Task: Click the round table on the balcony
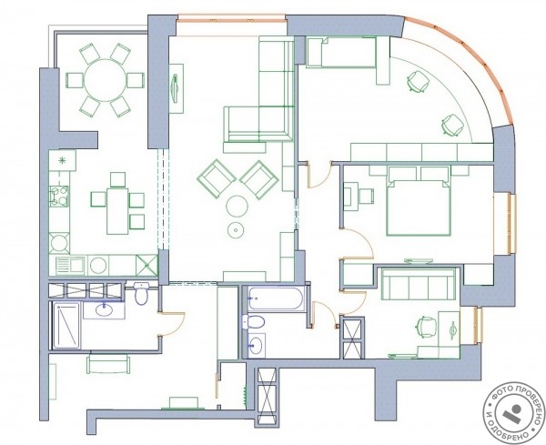click(x=105, y=80)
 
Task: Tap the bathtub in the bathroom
click(x=278, y=298)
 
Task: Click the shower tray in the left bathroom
click(x=66, y=325)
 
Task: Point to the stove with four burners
click(x=59, y=196)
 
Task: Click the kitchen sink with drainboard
click(x=70, y=266)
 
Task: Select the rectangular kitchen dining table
click(x=117, y=211)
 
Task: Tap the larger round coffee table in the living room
click(x=237, y=207)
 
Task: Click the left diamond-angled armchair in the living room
click(x=217, y=178)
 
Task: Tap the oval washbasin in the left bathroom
click(x=104, y=309)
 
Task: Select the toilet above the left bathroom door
click(x=141, y=293)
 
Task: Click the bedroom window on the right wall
click(x=511, y=224)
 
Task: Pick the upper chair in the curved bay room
click(x=418, y=82)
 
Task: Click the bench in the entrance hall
click(x=108, y=363)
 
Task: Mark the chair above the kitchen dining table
click(x=117, y=179)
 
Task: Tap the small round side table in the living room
click(x=236, y=230)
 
